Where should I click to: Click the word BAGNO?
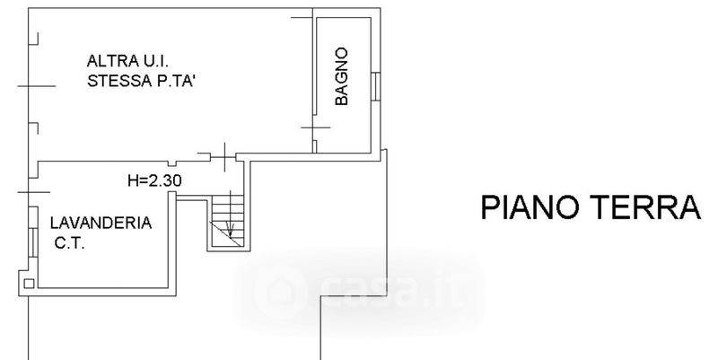point(342,76)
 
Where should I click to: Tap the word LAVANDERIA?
point(101,223)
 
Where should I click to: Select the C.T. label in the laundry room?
point(70,243)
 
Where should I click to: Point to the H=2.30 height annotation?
point(154,181)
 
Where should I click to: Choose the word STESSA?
point(113,81)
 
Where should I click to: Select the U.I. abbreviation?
point(156,60)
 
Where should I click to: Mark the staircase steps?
point(227,221)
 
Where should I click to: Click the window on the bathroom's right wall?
point(375,86)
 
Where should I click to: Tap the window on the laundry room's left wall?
point(33,241)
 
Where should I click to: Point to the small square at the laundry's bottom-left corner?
point(29,284)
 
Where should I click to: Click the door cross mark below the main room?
point(224,157)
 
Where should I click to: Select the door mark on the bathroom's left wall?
point(315,127)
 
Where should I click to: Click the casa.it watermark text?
point(394,288)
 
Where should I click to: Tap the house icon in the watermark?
point(280,290)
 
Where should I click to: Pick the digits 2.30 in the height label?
point(165,181)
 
